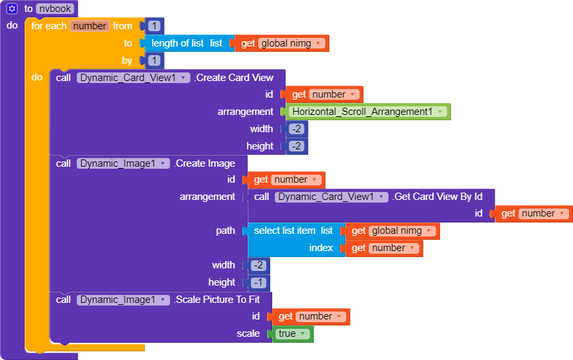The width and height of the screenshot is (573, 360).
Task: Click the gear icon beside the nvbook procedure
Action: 12,9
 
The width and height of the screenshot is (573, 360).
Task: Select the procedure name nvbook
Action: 55,9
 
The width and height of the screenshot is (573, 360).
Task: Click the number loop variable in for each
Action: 90,26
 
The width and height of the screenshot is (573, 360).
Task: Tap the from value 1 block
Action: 154,26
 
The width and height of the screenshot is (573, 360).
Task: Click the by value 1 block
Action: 154,60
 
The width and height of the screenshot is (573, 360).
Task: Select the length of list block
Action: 187,43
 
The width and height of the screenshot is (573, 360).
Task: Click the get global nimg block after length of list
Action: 282,43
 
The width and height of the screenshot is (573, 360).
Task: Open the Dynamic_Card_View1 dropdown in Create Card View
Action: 133,78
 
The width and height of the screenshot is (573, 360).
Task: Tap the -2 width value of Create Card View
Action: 296,129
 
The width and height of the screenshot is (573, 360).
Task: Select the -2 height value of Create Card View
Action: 296,146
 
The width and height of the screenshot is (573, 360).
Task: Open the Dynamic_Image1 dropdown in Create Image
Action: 123,163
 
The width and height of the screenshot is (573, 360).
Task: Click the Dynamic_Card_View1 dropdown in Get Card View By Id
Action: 331,197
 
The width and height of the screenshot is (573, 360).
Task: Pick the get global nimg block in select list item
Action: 392,230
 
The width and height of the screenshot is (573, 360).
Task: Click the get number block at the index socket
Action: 384,248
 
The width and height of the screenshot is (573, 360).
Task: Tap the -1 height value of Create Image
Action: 258,282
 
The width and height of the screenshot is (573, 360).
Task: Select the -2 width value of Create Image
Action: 258,265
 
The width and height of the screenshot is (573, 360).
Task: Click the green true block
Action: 291,333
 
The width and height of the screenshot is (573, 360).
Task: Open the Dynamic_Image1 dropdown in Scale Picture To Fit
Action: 123,300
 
